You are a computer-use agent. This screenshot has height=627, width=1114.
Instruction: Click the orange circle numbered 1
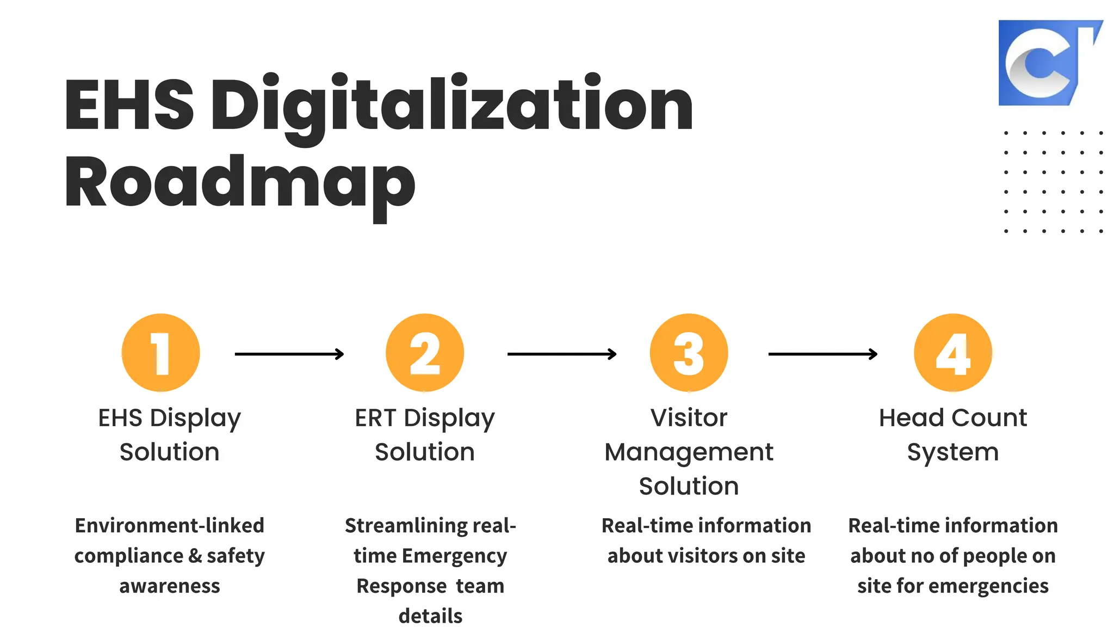(161, 353)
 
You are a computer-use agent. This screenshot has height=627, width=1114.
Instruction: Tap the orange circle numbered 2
(425, 353)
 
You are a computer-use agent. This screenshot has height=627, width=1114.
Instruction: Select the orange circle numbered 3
(689, 353)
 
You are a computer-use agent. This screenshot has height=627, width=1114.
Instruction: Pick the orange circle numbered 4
(953, 353)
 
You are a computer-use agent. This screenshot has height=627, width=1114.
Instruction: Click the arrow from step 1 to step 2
(289, 354)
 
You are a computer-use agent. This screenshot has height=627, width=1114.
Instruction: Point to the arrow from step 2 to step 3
(562, 354)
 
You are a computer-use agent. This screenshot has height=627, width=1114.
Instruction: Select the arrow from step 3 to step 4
(823, 354)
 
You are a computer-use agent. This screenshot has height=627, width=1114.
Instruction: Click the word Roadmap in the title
(240, 182)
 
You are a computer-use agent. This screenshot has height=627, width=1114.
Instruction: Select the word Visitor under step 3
(689, 418)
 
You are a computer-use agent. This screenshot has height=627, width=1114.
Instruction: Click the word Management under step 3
(689, 452)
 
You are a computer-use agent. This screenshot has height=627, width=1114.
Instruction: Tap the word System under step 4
(953, 452)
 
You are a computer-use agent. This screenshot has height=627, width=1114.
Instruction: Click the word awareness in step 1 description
(170, 586)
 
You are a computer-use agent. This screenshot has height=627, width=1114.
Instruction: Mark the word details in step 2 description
(430, 616)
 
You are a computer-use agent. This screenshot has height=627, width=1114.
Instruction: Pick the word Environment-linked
(170, 526)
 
